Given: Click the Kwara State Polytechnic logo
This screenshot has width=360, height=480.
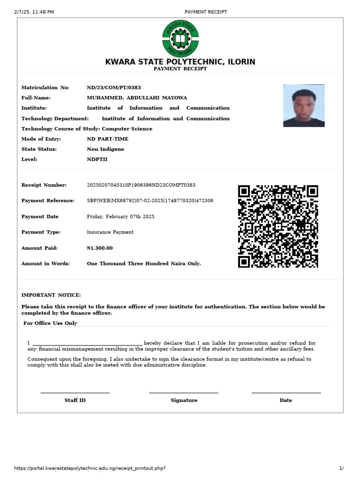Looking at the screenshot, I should pyautogui.click(x=180, y=38).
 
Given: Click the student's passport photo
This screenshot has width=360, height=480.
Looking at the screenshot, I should pyautogui.click(x=304, y=105).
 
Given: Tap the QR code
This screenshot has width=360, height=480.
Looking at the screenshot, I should pyautogui.click(x=278, y=226).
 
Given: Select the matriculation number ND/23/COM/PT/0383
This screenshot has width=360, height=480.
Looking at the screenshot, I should pyautogui.click(x=114, y=88).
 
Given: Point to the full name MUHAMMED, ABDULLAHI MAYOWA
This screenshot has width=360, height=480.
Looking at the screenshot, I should pyautogui.click(x=137, y=98).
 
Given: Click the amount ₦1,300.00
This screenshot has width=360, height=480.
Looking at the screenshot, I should pyautogui.click(x=100, y=248).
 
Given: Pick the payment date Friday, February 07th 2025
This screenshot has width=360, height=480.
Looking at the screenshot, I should pyautogui.click(x=120, y=217).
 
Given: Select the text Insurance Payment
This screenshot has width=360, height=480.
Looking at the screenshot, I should pyautogui.click(x=110, y=232).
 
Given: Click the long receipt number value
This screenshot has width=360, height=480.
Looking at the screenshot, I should pyautogui.click(x=141, y=185).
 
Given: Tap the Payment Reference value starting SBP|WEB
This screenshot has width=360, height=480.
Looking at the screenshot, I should pyautogui.click(x=150, y=201).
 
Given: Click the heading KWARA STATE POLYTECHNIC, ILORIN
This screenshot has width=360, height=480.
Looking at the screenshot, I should pyautogui.click(x=180, y=62).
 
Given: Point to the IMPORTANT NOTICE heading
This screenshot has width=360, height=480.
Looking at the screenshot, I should pyautogui.click(x=51, y=295).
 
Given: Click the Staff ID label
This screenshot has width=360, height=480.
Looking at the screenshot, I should pyautogui.click(x=75, y=400).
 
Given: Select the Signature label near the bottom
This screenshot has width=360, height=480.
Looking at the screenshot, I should pyautogui.click(x=184, y=400).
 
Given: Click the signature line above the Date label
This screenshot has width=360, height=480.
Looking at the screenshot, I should pyautogui.click(x=286, y=393).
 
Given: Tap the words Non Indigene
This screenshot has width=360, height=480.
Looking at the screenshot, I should pyautogui.click(x=105, y=149).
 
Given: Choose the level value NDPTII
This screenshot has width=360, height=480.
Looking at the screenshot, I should pyautogui.click(x=97, y=159).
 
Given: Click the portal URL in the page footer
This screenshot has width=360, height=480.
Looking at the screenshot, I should pyautogui.click(x=90, y=468).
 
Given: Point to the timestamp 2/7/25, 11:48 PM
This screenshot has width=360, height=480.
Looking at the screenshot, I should pyautogui.click(x=34, y=12).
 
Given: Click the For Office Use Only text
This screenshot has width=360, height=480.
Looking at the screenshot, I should pyautogui.click(x=50, y=323).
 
